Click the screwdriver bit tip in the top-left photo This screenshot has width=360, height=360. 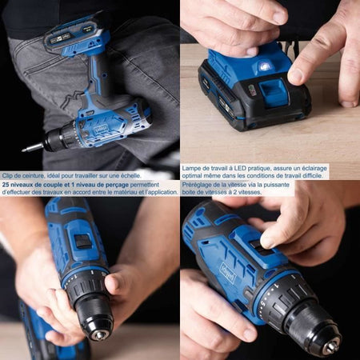[25, 148]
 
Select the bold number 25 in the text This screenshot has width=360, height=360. [6, 183]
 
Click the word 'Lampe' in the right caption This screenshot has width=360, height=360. [193, 168]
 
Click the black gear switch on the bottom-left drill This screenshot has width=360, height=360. [82, 240]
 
